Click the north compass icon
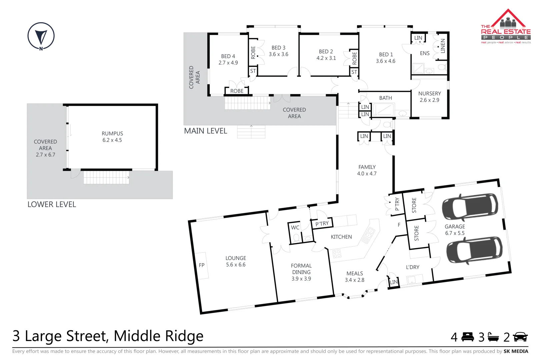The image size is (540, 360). pyautogui.click(x=41, y=36)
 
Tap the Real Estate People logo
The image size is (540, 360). pyautogui.click(x=505, y=27)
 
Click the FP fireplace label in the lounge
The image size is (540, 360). pyautogui.click(x=202, y=265)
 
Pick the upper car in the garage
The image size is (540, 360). pyautogui.click(x=470, y=207)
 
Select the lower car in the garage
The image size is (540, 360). pyautogui.click(x=474, y=250)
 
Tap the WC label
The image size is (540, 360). pyautogui.click(x=295, y=228)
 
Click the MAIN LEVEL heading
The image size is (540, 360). pyautogui.click(x=205, y=131)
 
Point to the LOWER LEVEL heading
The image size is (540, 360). pyautogui.click(x=52, y=204)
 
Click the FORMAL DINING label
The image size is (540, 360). pyautogui.click(x=301, y=272)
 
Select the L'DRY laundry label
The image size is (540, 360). pyautogui.click(x=412, y=267)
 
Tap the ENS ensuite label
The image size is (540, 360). pyautogui.click(x=425, y=53)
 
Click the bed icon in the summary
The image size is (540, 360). pyautogui.click(x=468, y=337)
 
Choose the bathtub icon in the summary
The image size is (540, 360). pyautogui.click(x=493, y=337)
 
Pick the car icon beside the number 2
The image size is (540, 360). pyautogui.click(x=520, y=337)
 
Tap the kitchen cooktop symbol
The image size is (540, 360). pyautogui.click(x=337, y=254)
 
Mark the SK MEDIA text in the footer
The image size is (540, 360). pyautogui.click(x=516, y=351)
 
